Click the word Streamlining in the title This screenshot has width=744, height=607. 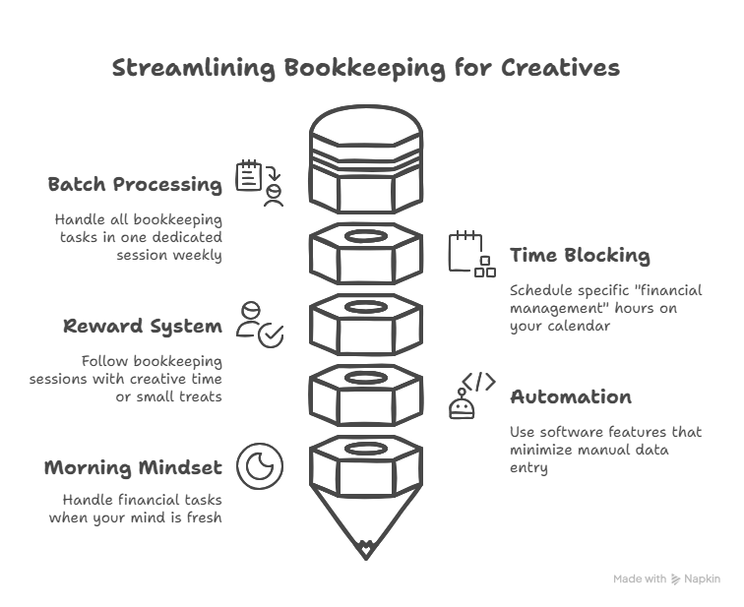coord(194,68)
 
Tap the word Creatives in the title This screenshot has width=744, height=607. coord(560,67)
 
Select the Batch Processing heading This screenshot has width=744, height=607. coord(135,185)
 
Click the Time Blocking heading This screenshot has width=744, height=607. coord(580,255)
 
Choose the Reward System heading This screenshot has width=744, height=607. coord(143,327)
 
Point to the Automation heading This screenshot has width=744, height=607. coord(571,396)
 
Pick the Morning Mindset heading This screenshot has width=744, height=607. coord(133,467)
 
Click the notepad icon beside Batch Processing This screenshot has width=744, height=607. coord(249,175)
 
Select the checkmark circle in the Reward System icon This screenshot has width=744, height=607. coord(271,335)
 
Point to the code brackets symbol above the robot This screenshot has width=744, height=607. coord(479,382)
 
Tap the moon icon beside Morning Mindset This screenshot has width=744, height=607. coord(260,466)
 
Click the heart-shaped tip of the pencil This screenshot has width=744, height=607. coord(365,549)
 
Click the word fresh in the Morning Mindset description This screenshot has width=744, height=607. coord(204,516)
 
